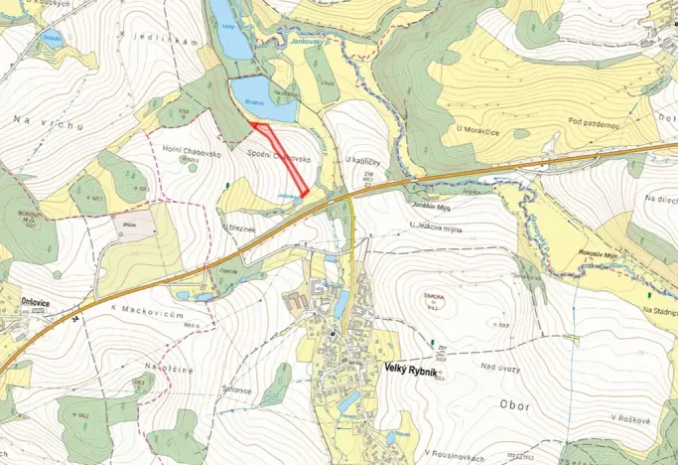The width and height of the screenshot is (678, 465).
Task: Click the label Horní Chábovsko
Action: (186, 148)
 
